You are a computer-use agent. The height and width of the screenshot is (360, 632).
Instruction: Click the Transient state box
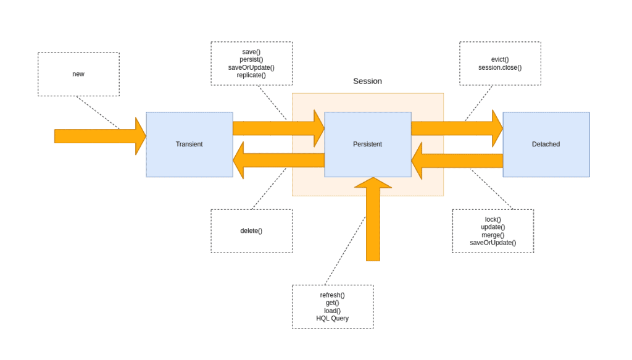point(189,144)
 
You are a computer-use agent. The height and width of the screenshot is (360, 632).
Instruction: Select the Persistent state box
point(367,144)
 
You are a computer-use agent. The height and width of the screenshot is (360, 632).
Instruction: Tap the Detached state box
point(546,144)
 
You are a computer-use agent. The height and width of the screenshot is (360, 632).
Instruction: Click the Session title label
point(367,81)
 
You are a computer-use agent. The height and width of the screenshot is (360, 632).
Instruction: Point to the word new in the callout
point(78,74)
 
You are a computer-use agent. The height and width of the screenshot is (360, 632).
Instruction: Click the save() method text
point(251,52)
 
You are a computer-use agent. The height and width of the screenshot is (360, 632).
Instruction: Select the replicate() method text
point(251,75)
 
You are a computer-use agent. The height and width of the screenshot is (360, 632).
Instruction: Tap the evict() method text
point(499,59)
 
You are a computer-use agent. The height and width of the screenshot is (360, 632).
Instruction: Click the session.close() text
point(499,67)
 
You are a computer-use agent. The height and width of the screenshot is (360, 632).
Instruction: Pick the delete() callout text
point(251,231)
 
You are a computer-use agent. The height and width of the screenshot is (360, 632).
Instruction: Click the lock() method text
point(493,219)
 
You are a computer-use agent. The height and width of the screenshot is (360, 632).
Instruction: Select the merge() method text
point(493,235)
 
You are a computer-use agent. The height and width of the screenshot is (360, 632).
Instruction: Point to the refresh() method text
point(332,295)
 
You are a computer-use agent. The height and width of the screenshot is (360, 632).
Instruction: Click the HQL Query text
point(332,319)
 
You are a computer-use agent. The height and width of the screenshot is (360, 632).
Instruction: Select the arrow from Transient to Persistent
point(278,128)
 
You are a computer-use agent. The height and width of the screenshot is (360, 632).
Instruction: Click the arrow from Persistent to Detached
point(457,128)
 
